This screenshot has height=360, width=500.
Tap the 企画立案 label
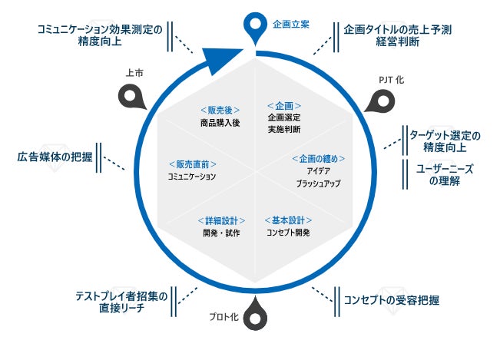pos(291,25)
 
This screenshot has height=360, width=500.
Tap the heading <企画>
pos(283,105)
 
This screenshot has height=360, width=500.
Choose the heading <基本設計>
pos(287,220)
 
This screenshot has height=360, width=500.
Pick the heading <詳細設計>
pos(221,220)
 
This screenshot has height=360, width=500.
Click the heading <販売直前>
pos(191,164)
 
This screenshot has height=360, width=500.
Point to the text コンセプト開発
pos(287,233)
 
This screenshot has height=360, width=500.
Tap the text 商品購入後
pos(220,122)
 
